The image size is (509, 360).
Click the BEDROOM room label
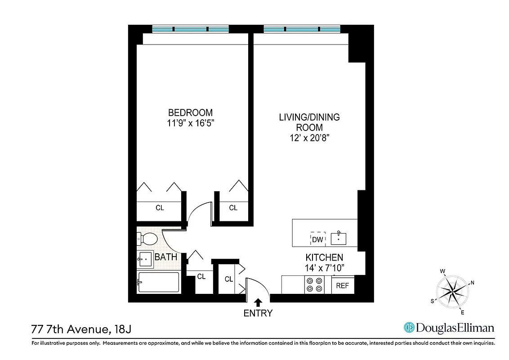[190, 112]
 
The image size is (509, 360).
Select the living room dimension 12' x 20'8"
[309, 139]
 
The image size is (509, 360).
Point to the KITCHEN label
[324, 258]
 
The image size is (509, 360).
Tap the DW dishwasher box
[317, 239]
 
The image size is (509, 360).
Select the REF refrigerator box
[343, 285]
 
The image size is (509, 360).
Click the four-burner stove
[314, 285]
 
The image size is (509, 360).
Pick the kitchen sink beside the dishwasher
[338, 238]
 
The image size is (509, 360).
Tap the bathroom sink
[145, 259]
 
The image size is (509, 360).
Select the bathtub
[159, 282]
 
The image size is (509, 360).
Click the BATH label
[165, 257]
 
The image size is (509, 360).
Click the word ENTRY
[258, 313]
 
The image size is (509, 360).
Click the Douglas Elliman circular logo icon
[409, 328]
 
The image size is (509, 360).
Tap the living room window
[302, 29]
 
